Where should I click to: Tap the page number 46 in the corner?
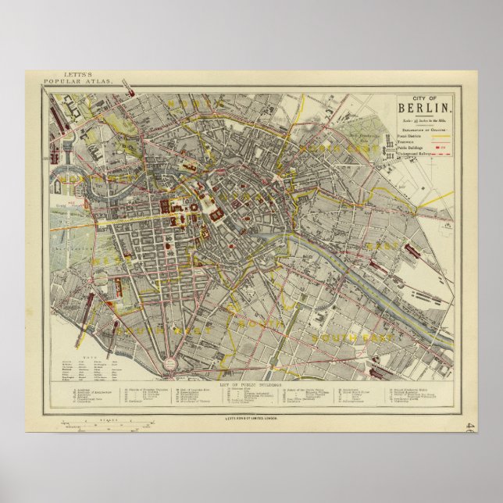(468, 427)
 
